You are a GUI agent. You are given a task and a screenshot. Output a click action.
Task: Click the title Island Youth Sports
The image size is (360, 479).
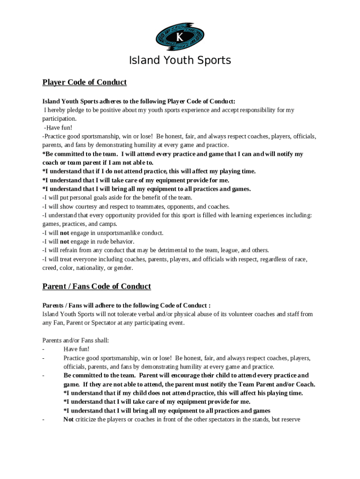pyautogui.click(x=180, y=61)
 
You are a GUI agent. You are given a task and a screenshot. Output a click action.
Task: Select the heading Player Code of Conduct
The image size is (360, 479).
pyautogui.click(x=85, y=82)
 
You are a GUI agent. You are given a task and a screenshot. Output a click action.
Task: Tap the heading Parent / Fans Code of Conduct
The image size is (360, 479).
pyautogui.click(x=97, y=286)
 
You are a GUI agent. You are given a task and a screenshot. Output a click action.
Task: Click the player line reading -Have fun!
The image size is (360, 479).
pyautogui.click(x=58, y=128)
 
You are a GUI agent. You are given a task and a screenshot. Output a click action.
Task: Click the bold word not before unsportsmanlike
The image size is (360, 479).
pyautogui.click(x=65, y=233)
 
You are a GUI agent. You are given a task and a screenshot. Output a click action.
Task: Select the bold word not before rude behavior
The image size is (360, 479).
pyautogui.click(x=65, y=242)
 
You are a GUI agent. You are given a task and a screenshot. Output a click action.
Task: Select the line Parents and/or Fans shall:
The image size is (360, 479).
pyautogui.click(x=76, y=341)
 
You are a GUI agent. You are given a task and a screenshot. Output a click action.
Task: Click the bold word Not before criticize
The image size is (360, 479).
pyautogui.click(x=68, y=420)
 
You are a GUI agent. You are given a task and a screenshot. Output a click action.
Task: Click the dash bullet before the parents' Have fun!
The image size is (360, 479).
pyautogui.click(x=43, y=349)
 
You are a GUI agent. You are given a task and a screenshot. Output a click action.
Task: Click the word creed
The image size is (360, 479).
pyautogui.click(x=50, y=268)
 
